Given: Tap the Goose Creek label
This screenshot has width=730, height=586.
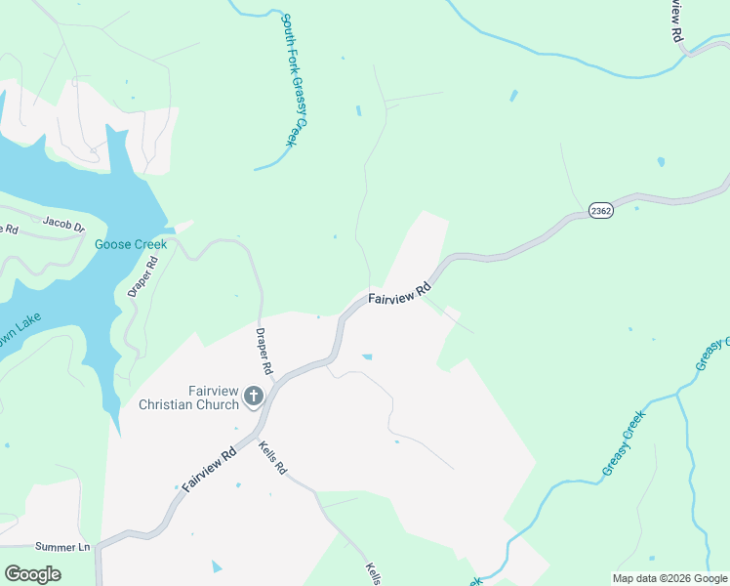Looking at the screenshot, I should coord(131,244).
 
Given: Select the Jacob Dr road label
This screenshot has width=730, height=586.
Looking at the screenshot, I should coord(64,225).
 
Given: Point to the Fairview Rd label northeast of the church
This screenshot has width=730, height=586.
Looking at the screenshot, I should coord(399,295).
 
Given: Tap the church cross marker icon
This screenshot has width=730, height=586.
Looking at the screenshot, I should coord(254,397).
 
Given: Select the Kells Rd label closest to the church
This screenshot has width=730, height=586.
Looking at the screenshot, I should coord(273,457).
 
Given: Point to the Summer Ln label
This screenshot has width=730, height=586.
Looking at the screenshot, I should coord(61,547).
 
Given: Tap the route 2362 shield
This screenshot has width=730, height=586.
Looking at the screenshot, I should coord(601,211).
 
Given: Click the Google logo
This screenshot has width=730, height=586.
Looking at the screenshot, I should coord(32,573).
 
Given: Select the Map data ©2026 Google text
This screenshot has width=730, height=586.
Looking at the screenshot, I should coord(669,578).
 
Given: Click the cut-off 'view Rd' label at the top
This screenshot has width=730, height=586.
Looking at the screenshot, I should coord(676,20).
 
